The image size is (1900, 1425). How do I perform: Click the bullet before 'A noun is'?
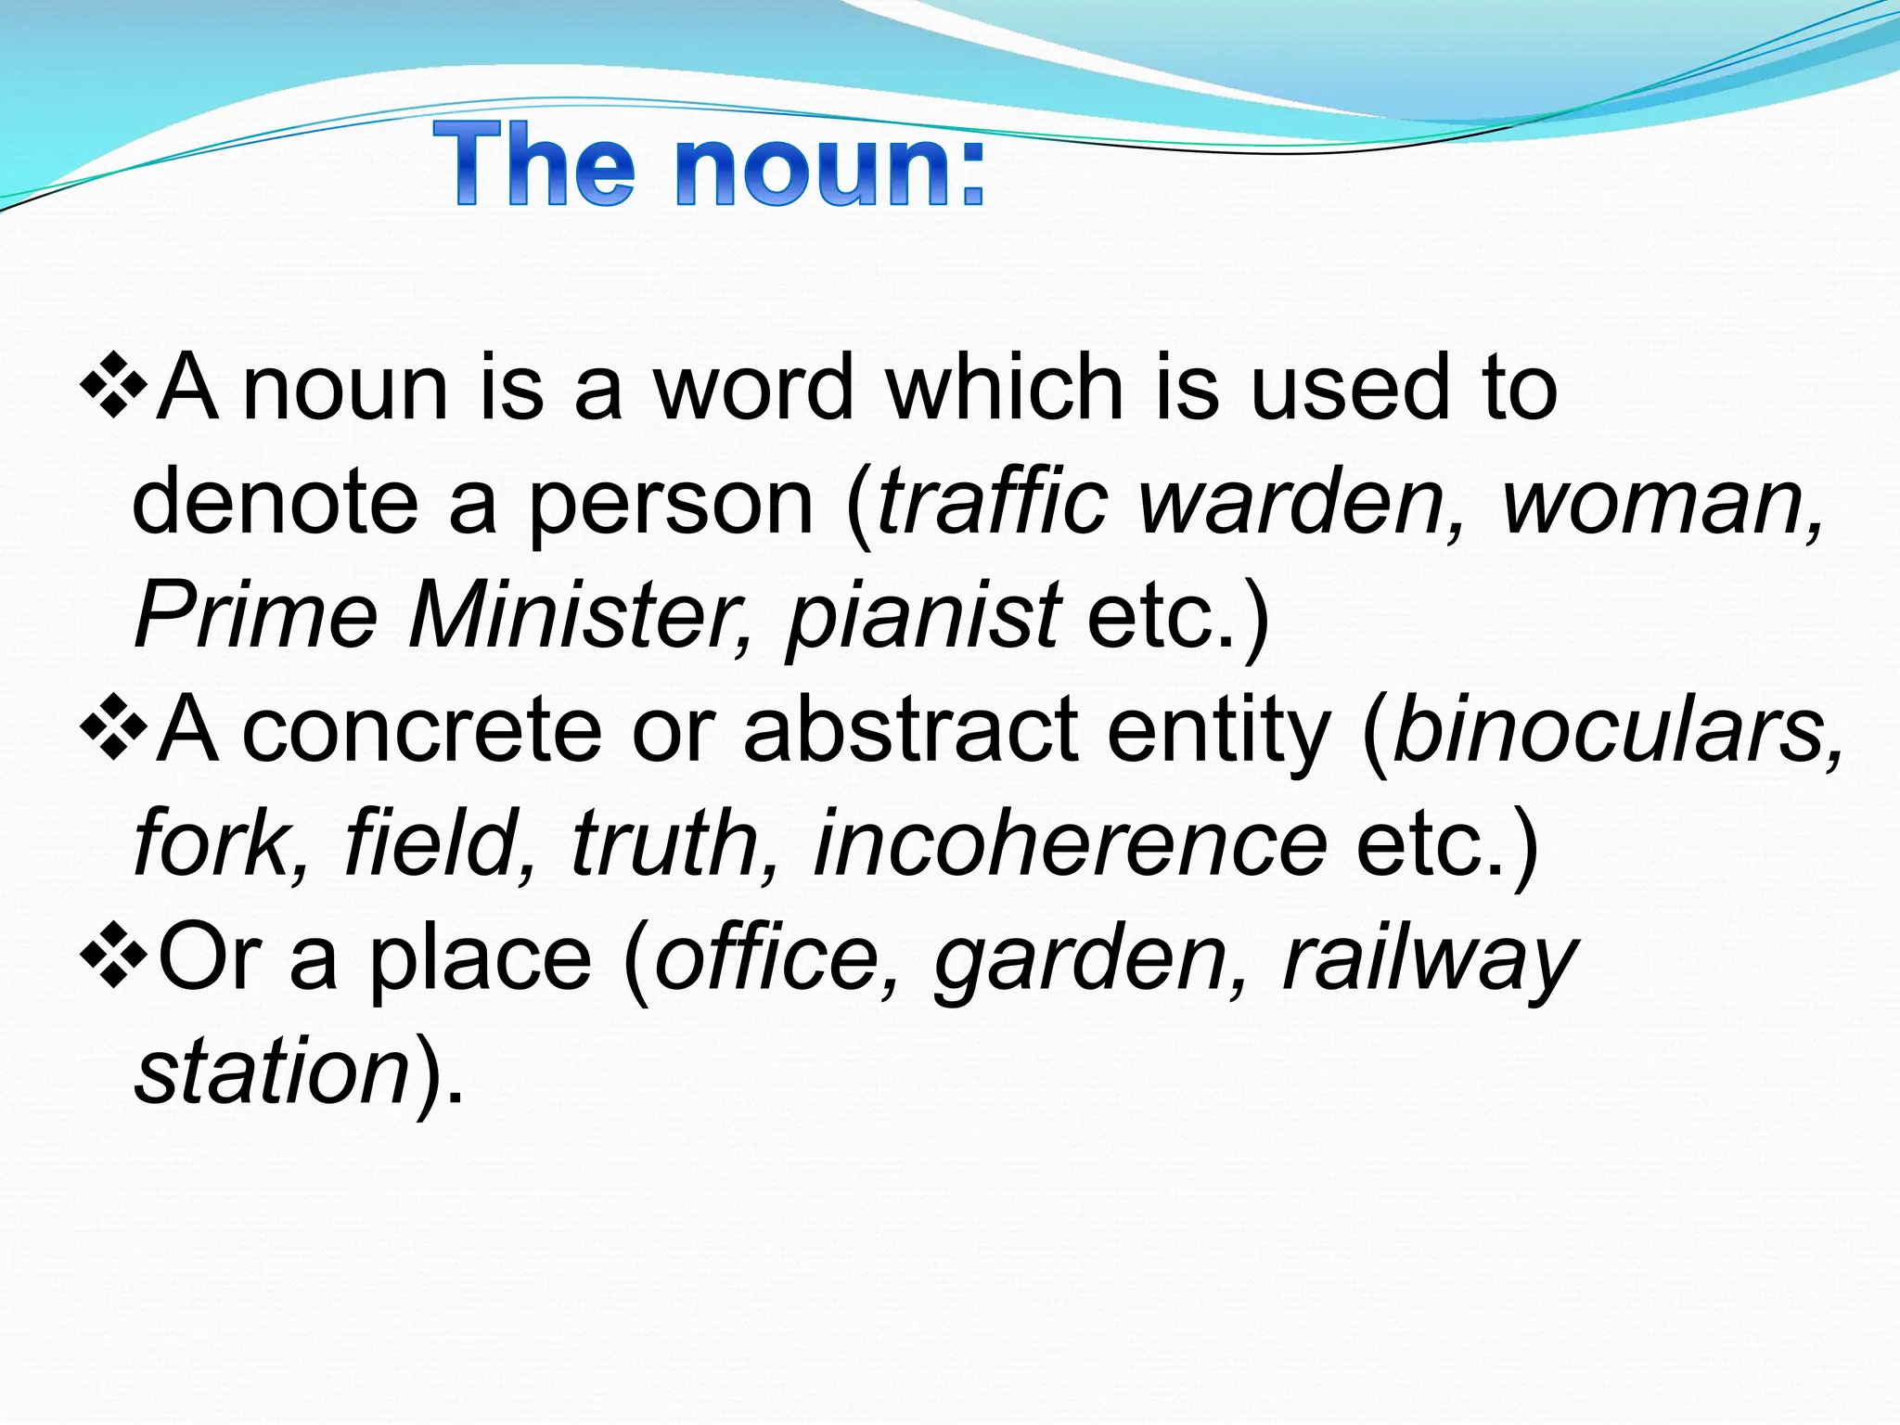click(x=113, y=383)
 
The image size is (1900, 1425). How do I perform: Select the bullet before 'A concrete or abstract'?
click(x=113, y=725)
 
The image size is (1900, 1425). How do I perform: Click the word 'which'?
click(x=1005, y=388)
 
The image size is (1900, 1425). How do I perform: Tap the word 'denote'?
click(x=275, y=503)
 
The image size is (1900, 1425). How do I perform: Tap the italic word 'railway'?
click(x=1429, y=961)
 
